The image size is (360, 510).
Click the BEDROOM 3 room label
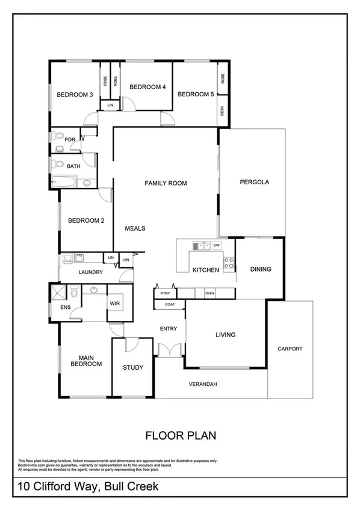click(x=74, y=95)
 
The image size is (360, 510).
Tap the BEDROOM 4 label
click(x=147, y=87)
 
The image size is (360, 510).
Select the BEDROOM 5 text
click(x=196, y=94)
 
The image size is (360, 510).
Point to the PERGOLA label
click(x=253, y=182)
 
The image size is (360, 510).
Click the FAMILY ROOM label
click(x=166, y=183)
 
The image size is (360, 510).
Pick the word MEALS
click(x=135, y=228)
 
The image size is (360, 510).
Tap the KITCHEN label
click(x=205, y=270)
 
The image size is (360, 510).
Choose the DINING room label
click(x=261, y=269)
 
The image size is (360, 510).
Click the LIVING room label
click(x=225, y=335)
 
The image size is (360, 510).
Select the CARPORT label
click(x=290, y=349)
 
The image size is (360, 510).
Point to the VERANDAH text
click(x=202, y=384)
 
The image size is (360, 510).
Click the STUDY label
click(x=132, y=367)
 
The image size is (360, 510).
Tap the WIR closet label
click(x=115, y=303)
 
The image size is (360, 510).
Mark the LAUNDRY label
click(x=91, y=272)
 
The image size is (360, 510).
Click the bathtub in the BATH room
click(x=63, y=182)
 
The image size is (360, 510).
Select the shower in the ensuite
click(x=59, y=293)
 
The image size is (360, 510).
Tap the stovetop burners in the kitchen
click(x=229, y=262)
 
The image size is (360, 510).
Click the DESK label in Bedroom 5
click(x=223, y=111)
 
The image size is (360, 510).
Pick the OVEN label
click(x=209, y=293)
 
